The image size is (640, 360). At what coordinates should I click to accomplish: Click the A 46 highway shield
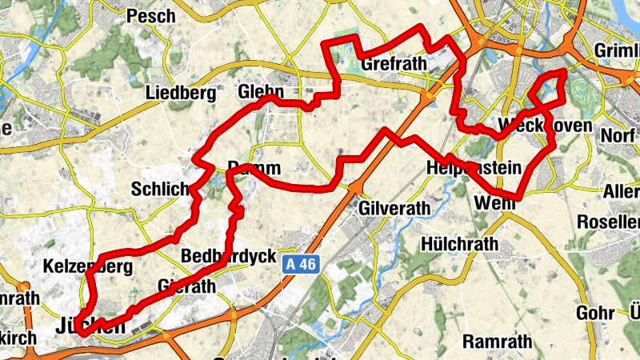pyautogui.click(x=301, y=262)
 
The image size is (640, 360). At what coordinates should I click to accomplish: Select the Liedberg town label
pyautogui.click(x=181, y=94)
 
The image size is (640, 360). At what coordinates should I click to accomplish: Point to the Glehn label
pyautogui.click(x=262, y=90)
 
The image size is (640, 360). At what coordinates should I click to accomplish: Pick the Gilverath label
pyautogui.click(x=395, y=208)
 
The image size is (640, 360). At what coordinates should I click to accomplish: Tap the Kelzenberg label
pyautogui.click(x=89, y=266)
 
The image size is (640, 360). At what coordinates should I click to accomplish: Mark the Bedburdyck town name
pyautogui.click(x=229, y=257)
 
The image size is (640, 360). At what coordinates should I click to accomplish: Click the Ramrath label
pyautogui.click(x=497, y=342)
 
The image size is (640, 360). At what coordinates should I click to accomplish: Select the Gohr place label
pyautogui.click(x=594, y=312)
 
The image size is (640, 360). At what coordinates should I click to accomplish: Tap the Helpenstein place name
pyautogui.click(x=475, y=168)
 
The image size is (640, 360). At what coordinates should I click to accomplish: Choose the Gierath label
pyautogui.click(x=188, y=286)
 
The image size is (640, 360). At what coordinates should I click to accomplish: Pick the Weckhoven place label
pyautogui.click(x=545, y=126)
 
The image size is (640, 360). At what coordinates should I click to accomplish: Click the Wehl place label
pyautogui.click(x=491, y=203)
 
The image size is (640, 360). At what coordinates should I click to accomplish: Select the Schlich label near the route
pyautogui.click(x=159, y=190)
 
